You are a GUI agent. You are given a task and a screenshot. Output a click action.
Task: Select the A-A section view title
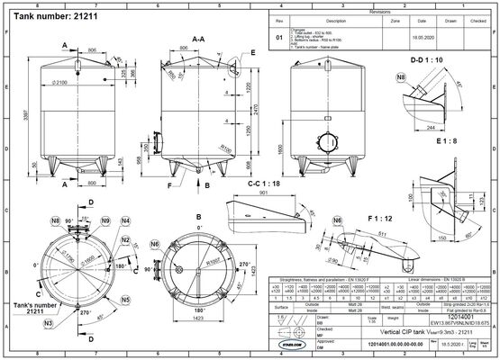coord(195,40)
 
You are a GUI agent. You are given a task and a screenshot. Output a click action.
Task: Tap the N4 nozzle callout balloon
coord(126,220)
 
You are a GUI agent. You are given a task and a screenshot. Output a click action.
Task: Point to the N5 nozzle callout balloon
coord(126,298)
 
